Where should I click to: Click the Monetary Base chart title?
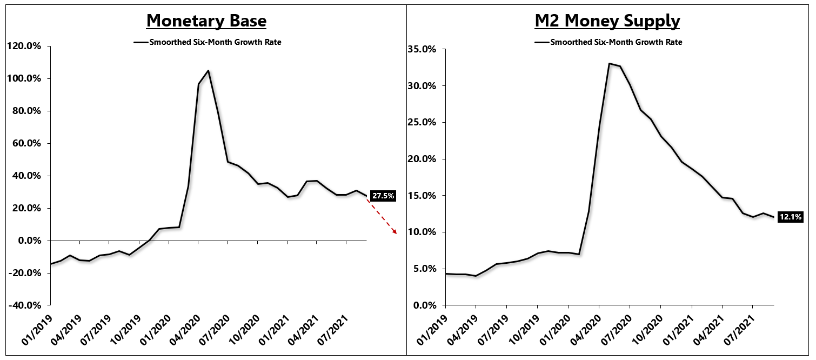206,21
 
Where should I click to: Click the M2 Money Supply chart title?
607,21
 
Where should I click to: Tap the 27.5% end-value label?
383,196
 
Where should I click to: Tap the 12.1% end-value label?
790,217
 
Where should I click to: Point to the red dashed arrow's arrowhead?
396,233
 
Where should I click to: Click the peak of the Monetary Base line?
209,71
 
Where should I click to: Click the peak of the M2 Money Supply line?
609,64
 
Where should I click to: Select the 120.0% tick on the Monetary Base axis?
25,46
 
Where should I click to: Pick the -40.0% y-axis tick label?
25,305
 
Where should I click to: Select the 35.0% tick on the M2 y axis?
422,49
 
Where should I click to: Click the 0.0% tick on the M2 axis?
424,305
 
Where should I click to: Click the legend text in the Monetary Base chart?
215,42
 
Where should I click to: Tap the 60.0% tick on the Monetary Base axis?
26,143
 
